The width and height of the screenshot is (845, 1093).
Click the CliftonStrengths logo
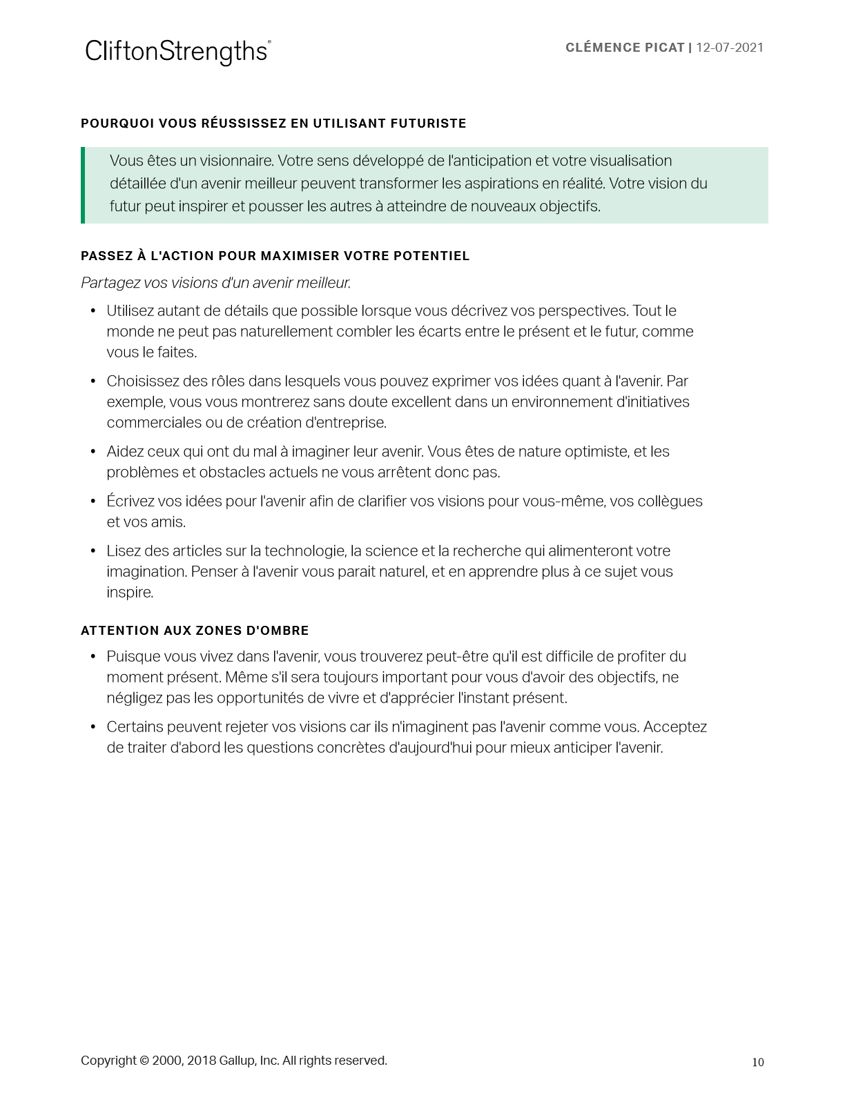coord(177,52)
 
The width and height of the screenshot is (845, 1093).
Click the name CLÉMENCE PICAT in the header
coord(624,48)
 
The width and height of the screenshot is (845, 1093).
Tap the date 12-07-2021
coord(730,48)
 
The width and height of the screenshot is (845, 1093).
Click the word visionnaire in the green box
coord(236,161)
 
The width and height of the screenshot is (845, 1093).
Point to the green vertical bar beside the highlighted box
coord(83,185)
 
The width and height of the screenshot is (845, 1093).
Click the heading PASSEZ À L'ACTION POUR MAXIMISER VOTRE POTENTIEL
coord(275,256)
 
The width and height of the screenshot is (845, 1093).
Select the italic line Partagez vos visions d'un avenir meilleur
coord(215,283)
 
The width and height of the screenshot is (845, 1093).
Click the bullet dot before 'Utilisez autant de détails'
coord(93,311)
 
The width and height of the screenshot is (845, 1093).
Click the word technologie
coord(304,551)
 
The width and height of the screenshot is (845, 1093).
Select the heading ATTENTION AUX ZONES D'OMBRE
coord(195,631)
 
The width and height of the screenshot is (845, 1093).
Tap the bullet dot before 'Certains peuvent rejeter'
coord(93,727)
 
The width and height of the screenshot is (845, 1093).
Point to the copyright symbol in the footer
coord(144,1061)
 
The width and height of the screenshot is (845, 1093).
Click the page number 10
coord(757,1062)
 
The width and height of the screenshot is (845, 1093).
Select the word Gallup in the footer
coord(237,1061)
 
